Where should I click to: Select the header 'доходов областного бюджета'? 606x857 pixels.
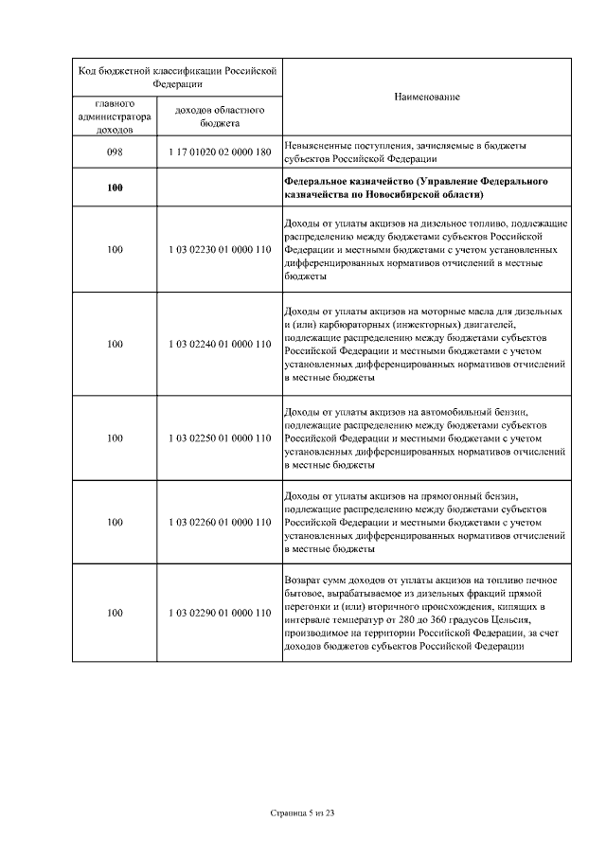point(220,116)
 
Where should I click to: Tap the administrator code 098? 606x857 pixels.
point(115,152)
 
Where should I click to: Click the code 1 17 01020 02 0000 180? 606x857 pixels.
point(220,152)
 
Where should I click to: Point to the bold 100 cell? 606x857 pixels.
point(115,187)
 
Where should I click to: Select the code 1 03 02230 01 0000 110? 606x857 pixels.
point(220,250)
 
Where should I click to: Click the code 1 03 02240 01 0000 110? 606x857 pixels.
point(220,344)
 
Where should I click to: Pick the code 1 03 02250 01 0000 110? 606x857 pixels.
point(220,438)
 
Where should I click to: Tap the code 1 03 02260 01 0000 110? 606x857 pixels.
point(220,522)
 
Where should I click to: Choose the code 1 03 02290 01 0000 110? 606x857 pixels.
point(220,613)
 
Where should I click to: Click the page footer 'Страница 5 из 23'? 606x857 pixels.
point(303,812)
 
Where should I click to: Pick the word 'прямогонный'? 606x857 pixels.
point(454,495)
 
